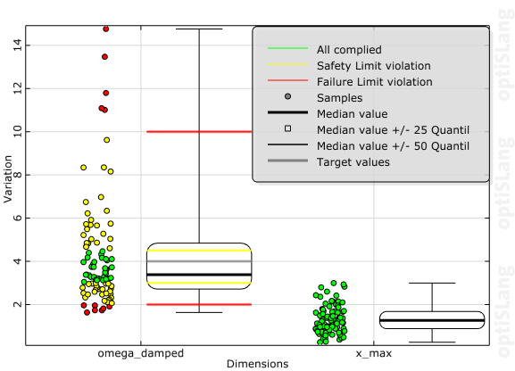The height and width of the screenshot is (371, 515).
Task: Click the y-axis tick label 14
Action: point(17,45)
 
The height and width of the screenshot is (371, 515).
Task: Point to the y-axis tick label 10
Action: point(17,131)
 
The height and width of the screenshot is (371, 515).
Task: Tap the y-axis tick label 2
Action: point(20,304)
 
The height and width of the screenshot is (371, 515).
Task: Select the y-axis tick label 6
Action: point(20,218)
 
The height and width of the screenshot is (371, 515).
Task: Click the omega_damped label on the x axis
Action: point(141,353)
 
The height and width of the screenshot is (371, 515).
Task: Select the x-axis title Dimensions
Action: point(257,364)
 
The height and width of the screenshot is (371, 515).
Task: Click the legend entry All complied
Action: point(350,49)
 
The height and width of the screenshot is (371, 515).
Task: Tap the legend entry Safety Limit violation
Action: point(374,65)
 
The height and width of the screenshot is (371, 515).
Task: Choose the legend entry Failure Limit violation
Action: point(375,81)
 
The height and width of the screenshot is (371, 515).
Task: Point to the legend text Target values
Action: point(353,161)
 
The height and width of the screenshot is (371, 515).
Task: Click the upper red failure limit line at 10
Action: point(199,131)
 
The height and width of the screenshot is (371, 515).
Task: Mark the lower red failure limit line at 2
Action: point(199,304)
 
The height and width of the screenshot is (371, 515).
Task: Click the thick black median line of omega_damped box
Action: point(199,275)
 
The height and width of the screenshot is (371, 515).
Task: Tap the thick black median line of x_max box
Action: point(432,319)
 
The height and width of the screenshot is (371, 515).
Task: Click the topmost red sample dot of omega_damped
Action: point(106,29)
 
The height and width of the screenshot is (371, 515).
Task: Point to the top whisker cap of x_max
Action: point(432,283)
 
